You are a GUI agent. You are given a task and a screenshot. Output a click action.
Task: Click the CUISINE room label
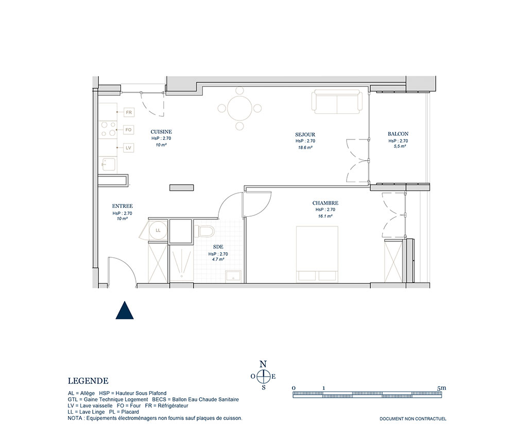click(x=161, y=132)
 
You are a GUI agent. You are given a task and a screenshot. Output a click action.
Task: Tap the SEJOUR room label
click(x=305, y=134)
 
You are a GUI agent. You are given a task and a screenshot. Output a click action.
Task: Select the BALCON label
click(x=398, y=134)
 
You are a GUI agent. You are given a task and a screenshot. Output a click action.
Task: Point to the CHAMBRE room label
click(x=325, y=203)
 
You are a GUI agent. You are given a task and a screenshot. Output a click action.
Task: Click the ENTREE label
click(x=122, y=206)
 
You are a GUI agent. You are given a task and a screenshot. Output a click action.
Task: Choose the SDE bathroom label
click(x=218, y=247)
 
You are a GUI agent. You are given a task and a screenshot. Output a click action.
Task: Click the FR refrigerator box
click(x=129, y=112)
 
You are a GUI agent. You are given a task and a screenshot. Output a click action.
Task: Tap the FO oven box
click(x=128, y=130)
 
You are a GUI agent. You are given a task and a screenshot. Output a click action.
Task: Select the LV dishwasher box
click(x=128, y=148)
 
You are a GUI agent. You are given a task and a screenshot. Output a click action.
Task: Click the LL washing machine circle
click(x=158, y=231)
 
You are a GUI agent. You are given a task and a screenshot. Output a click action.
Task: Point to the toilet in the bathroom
click(x=204, y=231)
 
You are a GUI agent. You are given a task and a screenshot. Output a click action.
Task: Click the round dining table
click(x=240, y=108)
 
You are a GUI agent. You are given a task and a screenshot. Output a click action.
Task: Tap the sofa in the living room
click(x=337, y=102)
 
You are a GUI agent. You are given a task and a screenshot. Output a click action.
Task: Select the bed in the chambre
click(x=317, y=254)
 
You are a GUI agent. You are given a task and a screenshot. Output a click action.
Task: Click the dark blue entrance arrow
click(x=125, y=310)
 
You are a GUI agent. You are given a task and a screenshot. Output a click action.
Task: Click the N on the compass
click(x=263, y=364)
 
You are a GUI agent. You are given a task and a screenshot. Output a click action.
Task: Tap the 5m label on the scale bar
click(x=441, y=388)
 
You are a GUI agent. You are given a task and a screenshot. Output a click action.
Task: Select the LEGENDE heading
click(x=88, y=381)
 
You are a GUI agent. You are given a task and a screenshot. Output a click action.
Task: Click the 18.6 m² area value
click(x=305, y=148)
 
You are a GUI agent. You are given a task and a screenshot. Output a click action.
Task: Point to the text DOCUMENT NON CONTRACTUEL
click(x=413, y=419)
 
